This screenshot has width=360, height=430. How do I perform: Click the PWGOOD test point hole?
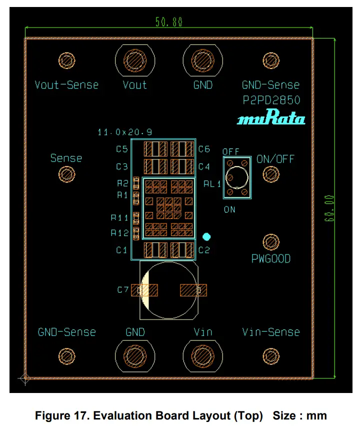click(x=271, y=242)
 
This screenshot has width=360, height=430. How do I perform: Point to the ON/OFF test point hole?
click(x=271, y=174)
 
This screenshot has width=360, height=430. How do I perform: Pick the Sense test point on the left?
click(x=66, y=174)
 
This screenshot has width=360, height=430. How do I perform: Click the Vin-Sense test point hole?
click(x=271, y=355)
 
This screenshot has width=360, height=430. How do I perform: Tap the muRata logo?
click(x=271, y=119)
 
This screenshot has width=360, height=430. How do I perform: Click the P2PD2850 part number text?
click(x=271, y=100)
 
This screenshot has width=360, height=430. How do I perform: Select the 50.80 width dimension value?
click(x=169, y=22)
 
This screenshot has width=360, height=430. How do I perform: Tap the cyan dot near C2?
click(x=206, y=236)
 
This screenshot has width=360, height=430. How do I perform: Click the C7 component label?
click(x=123, y=289)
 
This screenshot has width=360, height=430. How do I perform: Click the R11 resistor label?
click(x=120, y=217)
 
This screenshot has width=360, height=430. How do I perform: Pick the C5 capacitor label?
click(x=122, y=149)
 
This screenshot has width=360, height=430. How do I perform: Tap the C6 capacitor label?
click(x=204, y=149)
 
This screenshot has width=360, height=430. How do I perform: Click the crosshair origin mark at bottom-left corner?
click(x=24, y=378)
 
